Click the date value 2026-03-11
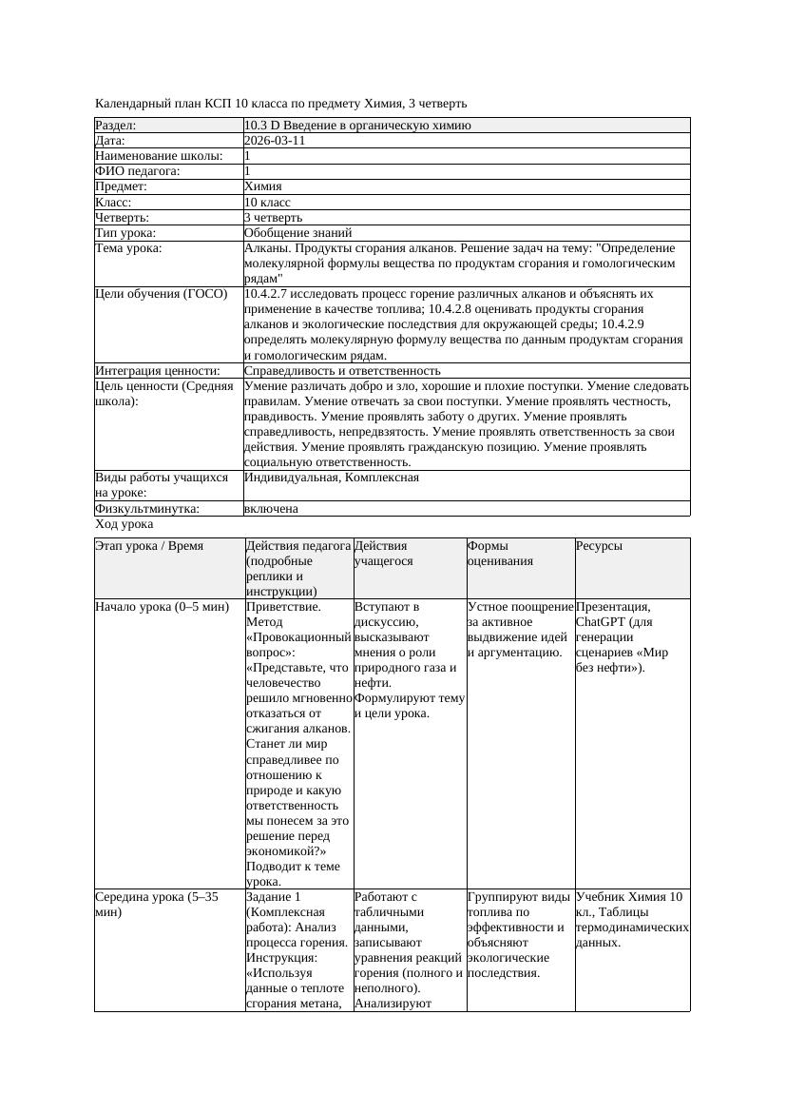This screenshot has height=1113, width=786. pyautogui.click(x=275, y=141)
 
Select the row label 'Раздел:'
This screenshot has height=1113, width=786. pyautogui.click(x=116, y=126)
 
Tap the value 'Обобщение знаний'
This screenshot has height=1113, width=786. pyautogui.click(x=297, y=233)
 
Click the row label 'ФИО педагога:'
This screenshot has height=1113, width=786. pyautogui.click(x=138, y=171)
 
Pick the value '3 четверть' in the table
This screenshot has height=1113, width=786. pyautogui.click(x=273, y=218)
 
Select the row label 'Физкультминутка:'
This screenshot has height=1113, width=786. pyautogui.click(x=147, y=509)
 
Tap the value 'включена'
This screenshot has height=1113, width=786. pyautogui.click(x=271, y=509)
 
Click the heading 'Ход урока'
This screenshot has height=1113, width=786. pyautogui.click(x=125, y=524)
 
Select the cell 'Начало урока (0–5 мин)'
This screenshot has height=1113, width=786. pyautogui.click(x=163, y=607)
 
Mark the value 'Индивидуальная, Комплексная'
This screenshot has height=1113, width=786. pyautogui.click(x=331, y=478)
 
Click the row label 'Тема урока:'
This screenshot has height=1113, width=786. pyautogui.click(x=129, y=248)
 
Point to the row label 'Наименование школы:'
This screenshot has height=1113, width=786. pyautogui.click(x=160, y=156)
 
